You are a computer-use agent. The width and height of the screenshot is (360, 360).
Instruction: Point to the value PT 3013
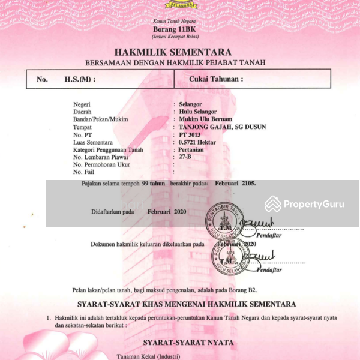[x=191, y=134]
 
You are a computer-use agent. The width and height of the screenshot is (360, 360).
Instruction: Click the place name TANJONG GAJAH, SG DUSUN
[x=222, y=127]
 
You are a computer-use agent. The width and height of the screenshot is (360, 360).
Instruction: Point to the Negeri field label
[x=82, y=104]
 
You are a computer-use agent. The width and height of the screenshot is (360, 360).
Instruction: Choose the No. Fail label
[x=85, y=172]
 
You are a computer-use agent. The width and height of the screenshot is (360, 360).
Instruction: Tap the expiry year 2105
[x=248, y=183]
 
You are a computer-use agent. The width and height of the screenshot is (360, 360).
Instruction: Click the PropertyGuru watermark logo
[x=305, y=204]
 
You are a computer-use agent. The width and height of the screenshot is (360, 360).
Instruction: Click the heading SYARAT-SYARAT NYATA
[x=180, y=343]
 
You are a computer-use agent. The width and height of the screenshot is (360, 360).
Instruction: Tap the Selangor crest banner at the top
[x=179, y=5]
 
